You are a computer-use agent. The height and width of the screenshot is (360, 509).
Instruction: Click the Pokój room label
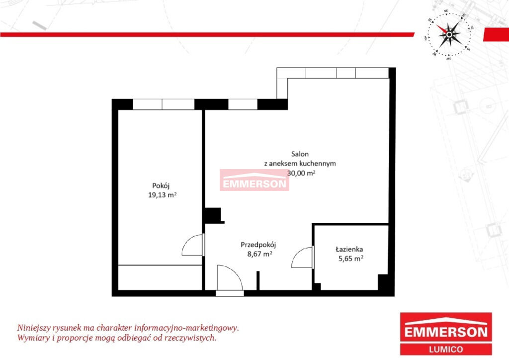click(161, 186)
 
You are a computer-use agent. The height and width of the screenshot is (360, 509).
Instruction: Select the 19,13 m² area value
click(163, 195)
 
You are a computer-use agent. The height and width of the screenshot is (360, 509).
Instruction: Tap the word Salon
click(300, 154)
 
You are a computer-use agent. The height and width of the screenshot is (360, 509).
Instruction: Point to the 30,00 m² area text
click(302, 173)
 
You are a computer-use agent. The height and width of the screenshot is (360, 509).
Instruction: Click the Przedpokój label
click(258, 245)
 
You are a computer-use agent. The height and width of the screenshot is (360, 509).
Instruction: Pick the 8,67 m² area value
click(259, 254)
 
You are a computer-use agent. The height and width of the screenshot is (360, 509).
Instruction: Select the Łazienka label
click(349, 249)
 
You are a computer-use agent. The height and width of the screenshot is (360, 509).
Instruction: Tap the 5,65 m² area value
click(351, 259)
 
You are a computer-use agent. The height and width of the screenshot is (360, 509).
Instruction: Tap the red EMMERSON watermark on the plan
click(254, 180)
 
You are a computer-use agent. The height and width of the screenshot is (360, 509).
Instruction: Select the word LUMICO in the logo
click(446, 350)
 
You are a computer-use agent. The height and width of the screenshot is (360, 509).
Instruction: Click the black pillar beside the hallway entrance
click(258, 281)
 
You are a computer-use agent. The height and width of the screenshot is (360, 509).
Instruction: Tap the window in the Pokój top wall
click(164, 104)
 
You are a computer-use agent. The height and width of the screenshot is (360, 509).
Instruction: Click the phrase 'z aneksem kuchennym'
click(300, 164)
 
